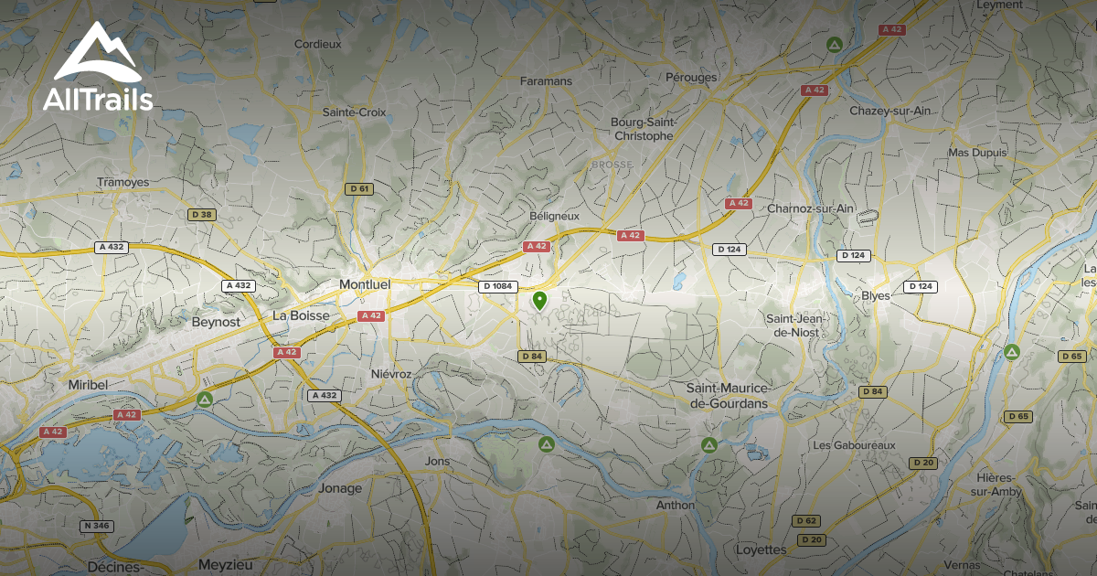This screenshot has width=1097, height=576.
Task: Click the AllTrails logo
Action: [97, 69]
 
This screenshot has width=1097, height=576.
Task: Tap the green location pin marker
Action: [539, 301]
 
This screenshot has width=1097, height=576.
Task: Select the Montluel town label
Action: [365, 284]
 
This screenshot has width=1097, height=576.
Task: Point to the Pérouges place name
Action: [691, 78]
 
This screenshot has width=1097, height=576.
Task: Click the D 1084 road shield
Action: [497, 286]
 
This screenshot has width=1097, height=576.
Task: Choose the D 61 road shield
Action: [359, 189]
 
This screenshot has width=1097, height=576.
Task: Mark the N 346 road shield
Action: [96, 526]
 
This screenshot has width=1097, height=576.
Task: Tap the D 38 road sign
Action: [201, 214]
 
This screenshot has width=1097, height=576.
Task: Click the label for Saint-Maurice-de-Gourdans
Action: [728, 395]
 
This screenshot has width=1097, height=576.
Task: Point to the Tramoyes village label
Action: [122, 182]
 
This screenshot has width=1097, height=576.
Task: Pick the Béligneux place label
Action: [555, 216]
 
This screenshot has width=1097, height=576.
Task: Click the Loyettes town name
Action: [761, 549]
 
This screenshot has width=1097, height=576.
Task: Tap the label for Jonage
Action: [340, 488]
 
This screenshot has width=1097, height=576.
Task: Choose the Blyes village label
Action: [876, 295]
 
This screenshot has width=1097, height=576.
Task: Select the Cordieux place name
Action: [317, 43]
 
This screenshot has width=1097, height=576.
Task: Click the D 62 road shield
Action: [805, 520]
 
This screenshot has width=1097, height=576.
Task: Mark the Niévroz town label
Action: [393, 374]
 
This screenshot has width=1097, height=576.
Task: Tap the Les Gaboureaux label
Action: [855, 445]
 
